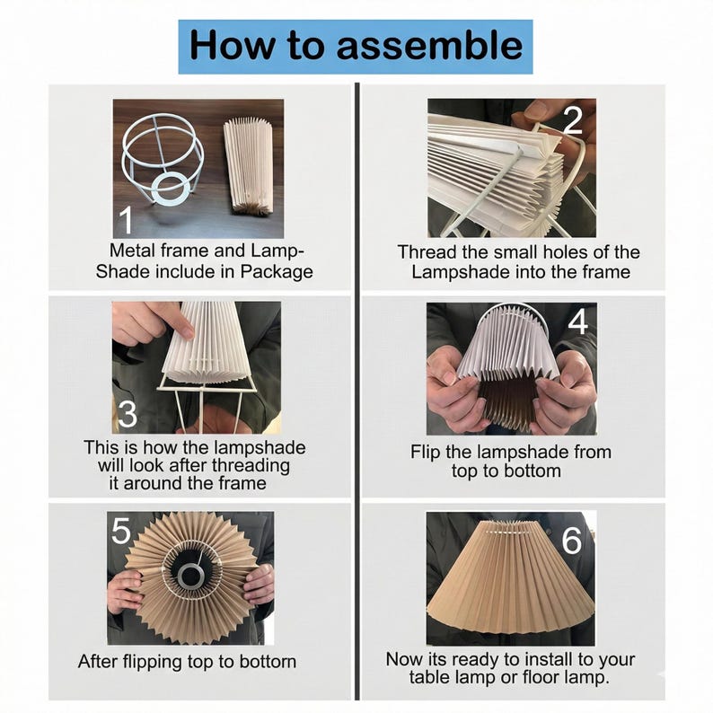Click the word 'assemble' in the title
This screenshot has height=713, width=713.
(430, 46)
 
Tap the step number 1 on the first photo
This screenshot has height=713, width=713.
(125, 220)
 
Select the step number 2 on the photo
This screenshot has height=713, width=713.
(573, 119)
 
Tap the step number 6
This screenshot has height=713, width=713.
(572, 541)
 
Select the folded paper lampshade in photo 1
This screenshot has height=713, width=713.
(249, 166)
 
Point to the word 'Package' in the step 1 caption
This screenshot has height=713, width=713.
(277, 272)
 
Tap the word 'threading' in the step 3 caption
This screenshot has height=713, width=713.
(251, 467)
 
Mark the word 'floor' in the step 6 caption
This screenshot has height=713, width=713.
(542, 677)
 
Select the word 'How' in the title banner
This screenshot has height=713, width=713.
(232, 45)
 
